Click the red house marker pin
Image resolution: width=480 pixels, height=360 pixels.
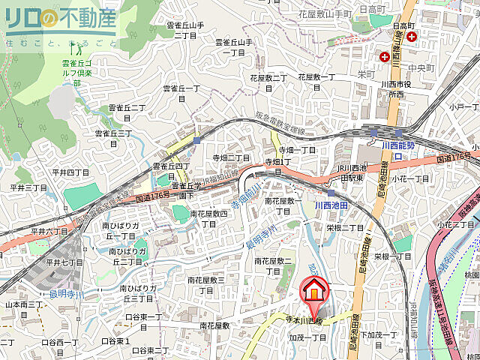click(x=315, y=291)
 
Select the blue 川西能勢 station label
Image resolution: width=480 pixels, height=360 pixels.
click(x=397, y=145)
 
